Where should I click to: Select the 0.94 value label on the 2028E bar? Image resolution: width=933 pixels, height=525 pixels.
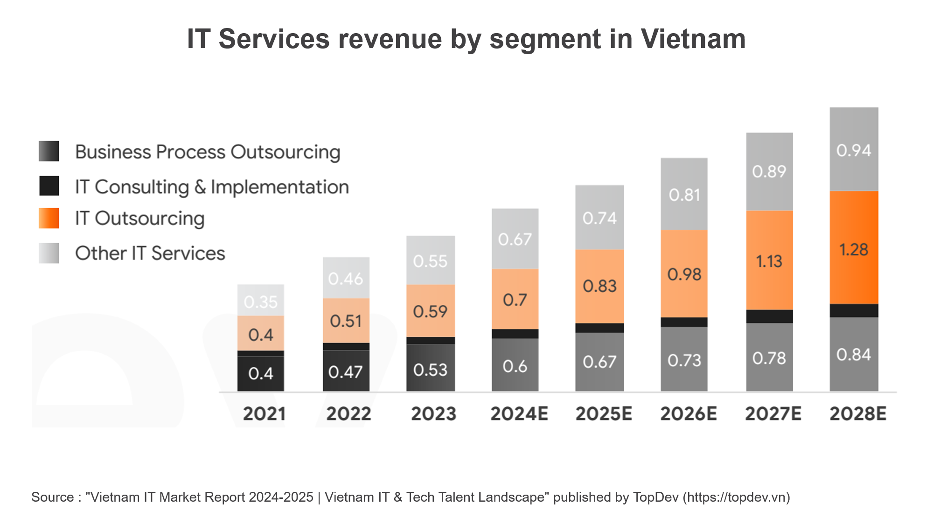(x=854, y=150)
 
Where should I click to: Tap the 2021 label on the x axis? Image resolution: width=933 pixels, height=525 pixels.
(x=264, y=414)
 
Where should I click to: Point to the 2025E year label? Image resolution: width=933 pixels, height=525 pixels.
(x=604, y=414)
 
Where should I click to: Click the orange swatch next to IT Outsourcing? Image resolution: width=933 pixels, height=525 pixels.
(x=49, y=218)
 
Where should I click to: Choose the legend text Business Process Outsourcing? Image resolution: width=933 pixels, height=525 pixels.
(x=208, y=152)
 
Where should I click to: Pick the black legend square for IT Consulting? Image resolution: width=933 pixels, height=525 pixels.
(x=49, y=186)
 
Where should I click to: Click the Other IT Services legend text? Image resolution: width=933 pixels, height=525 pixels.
(x=150, y=253)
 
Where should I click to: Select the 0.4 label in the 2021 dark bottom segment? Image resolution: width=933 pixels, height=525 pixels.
(x=261, y=373)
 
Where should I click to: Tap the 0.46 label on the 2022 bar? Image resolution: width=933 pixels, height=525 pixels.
(x=345, y=279)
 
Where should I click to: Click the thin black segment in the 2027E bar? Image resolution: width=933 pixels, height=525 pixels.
(x=769, y=316)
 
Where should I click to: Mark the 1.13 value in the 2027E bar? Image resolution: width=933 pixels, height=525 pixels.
(x=769, y=261)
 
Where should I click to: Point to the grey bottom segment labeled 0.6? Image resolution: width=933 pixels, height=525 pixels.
(x=515, y=366)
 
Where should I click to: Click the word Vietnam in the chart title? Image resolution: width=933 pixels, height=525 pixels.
(x=693, y=39)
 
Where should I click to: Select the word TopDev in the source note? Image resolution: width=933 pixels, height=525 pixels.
(x=655, y=497)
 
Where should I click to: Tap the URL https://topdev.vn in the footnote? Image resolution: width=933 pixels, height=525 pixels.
(x=737, y=497)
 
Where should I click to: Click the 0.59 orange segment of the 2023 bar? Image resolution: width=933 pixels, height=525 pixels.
(x=430, y=311)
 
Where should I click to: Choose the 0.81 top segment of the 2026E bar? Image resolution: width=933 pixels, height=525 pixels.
(x=684, y=195)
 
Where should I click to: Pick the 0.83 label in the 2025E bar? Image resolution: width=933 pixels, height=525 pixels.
(x=599, y=286)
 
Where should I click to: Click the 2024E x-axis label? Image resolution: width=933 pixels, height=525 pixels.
(x=519, y=414)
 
